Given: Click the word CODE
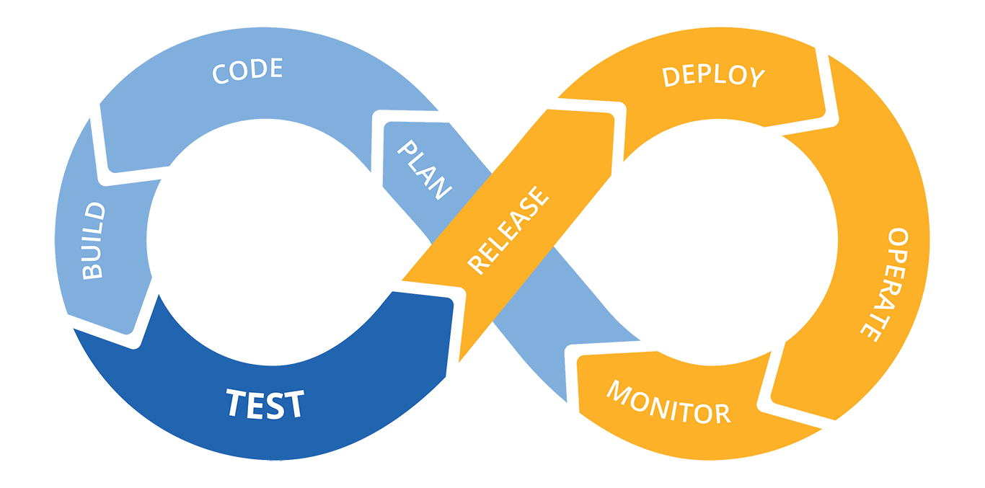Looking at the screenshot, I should pyautogui.click(x=247, y=71).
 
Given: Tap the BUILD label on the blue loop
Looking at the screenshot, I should pyautogui.click(x=93, y=241).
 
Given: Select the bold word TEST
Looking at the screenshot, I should pyautogui.click(x=265, y=404).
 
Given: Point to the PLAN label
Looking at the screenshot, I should pyautogui.click(x=424, y=170).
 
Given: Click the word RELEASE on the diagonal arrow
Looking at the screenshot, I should pyautogui.click(x=508, y=231).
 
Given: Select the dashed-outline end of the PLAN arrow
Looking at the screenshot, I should pyautogui.click(x=381, y=144).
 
